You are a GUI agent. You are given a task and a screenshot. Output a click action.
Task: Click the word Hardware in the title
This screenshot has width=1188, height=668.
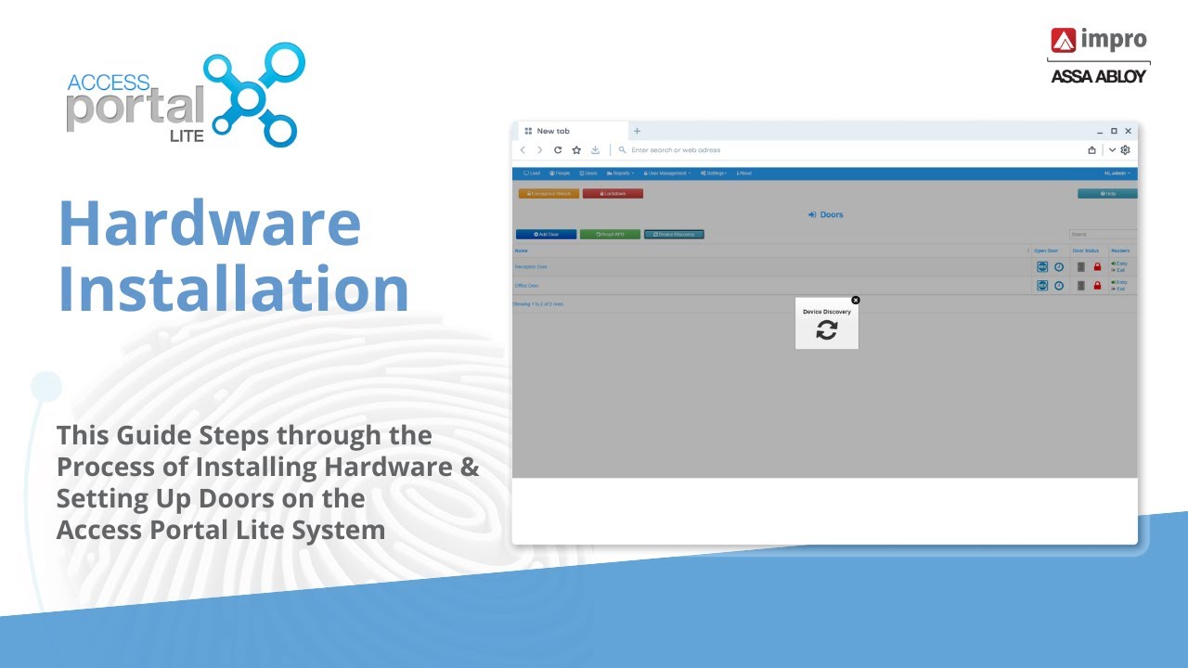pyautogui.click(x=209, y=223)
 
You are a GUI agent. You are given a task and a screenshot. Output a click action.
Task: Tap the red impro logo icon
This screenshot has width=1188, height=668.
pyautogui.click(x=1063, y=40)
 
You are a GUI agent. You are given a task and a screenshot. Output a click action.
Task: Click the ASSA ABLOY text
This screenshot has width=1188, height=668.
pyautogui.click(x=1098, y=76)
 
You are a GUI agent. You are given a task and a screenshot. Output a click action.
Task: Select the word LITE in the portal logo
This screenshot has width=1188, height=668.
pyautogui.click(x=187, y=135)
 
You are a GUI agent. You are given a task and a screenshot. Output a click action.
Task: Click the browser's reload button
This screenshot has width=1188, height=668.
pyautogui.click(x=558, y=150)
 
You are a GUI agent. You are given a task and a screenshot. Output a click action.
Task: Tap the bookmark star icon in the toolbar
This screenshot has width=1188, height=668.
pyautogui.click(x=576, y=150)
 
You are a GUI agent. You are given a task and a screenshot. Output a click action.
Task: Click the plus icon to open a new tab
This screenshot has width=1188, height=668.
pyautogui.click(x=637, y=132)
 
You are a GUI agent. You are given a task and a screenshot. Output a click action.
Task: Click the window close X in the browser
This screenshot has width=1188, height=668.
pyautogui.click(x=1128, y=132)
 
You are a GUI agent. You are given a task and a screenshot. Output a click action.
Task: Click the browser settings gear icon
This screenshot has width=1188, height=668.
pyautogui.click(x=1125, y=150)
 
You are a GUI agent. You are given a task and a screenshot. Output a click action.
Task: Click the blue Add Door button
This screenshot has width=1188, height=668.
pyautogui.click(x=546, y=235)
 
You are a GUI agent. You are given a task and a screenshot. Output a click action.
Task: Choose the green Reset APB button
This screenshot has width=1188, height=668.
pyautogui.click(x=610, y=235)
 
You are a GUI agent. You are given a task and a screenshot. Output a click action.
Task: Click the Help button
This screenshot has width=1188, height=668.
pyautogui.click(x=1106, y=194)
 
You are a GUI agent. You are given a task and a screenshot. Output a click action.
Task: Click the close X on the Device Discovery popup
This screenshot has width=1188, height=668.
pyautogui.click(x=856, y=300)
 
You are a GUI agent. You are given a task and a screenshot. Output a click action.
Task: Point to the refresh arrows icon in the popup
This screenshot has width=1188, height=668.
pyautogui.click(x=826, y=330)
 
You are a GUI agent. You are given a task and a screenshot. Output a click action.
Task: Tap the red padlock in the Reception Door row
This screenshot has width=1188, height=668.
pyautogui.click(x=1097, y=267)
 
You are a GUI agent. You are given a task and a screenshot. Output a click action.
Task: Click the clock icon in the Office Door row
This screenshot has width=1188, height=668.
pyautogui.click(x=1058, y=286)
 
